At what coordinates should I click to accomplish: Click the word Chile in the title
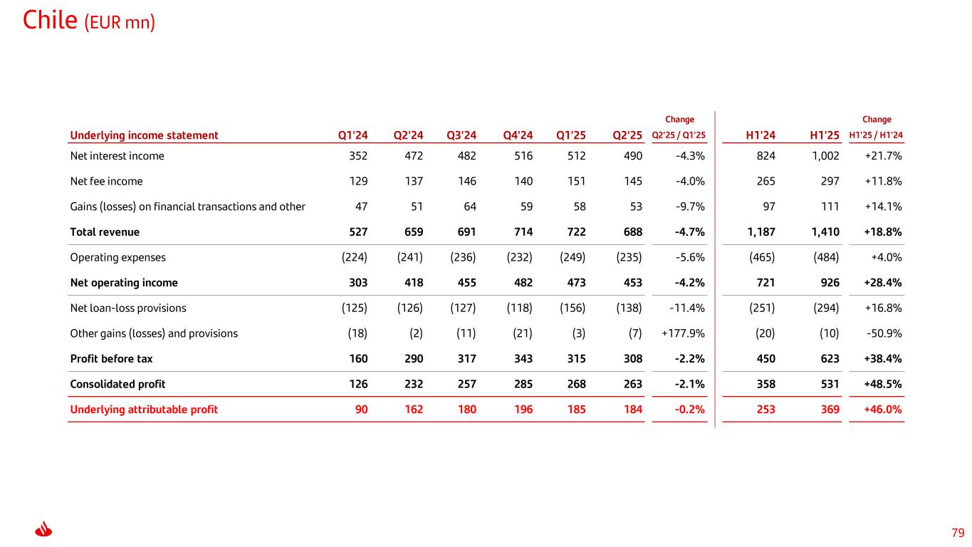click(50, 20)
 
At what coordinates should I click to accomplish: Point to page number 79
click(958, 533)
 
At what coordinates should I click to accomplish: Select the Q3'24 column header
click(461, 135)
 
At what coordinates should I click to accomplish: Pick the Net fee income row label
click(106, 182)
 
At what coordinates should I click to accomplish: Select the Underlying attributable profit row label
click(144, 410)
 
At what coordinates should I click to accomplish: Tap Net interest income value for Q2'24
click(409, 156)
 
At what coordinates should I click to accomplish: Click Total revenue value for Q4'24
click(518, 232)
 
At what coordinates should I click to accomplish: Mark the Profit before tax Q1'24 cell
click(358, 359)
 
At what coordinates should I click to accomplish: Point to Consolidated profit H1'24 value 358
click(765, 385)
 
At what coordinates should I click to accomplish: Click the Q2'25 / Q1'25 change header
click(679, 135)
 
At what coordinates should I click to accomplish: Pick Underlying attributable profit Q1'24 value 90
click(362, 410)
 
